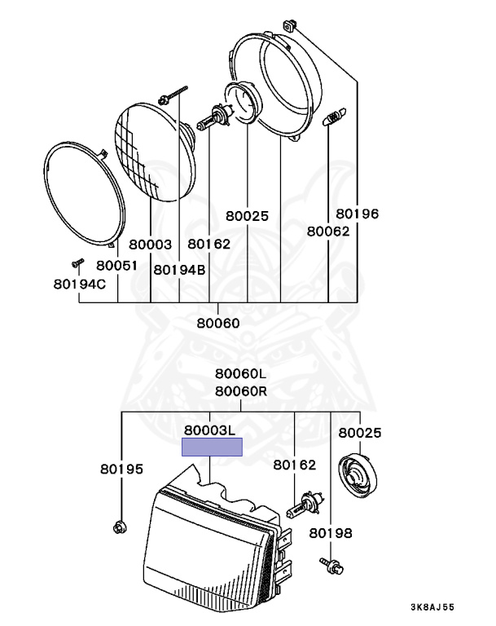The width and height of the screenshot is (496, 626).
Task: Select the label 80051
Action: tap(116, 266)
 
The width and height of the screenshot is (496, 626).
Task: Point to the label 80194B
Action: tap(179, 270)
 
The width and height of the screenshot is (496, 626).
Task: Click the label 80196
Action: tap(358, 214)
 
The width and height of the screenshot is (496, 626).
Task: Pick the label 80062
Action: tap(327, 231)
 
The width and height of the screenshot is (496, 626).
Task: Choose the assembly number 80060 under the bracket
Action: tap(218, 323)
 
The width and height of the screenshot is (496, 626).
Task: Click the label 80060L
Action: tap(241, 374)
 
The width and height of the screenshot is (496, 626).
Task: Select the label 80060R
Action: tap(241, 390)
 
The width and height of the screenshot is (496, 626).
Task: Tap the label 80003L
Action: tap(209, 430)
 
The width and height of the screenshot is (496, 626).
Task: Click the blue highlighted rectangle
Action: tap(212, 447)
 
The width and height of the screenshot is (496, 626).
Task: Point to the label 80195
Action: tap(121, 469)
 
